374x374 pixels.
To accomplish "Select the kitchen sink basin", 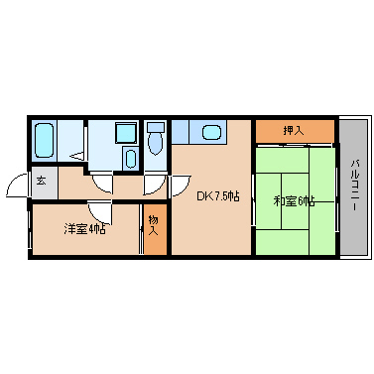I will point(211,131).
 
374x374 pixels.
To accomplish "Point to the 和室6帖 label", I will point(294,201).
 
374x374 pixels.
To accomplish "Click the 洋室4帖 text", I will point(85,229).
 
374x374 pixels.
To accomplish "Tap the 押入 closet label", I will point(294,131).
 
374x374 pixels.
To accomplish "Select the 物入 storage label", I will point(154,225).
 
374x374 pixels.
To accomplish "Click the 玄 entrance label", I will point(43,181).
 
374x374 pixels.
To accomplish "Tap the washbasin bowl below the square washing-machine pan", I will point(130,159).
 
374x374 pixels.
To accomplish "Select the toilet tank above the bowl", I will point(155,127).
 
